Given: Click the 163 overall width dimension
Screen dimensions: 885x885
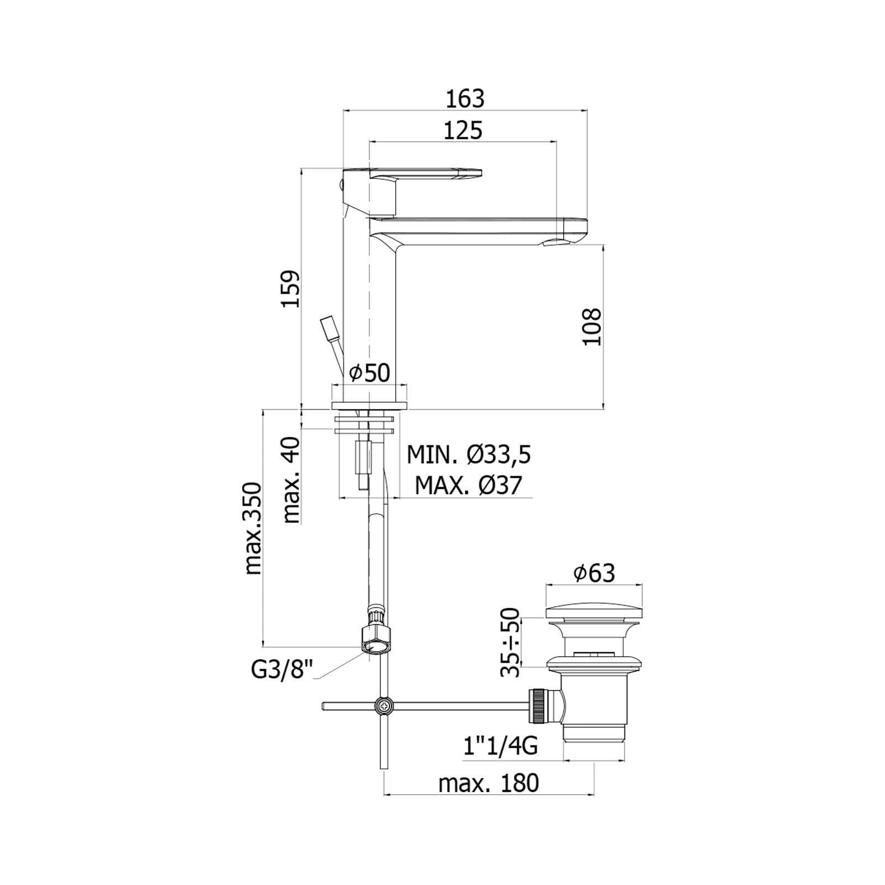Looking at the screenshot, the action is coord(465,99).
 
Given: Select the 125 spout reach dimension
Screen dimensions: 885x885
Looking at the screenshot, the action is coord(463,131).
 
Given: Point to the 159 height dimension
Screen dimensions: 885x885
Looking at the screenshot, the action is coord(291,289).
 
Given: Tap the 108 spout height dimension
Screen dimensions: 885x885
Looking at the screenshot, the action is coord(591,326).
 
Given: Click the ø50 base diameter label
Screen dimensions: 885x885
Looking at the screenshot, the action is coord(370,373).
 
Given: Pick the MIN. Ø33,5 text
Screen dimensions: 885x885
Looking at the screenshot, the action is coord(469,455).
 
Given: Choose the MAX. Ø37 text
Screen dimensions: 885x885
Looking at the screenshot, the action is coord(468,486).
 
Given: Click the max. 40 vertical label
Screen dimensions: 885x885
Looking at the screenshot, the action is coord(291,480).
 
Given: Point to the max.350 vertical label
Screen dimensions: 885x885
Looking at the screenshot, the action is coord(253,528).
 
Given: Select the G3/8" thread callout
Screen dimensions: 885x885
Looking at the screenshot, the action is coord(282,670).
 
